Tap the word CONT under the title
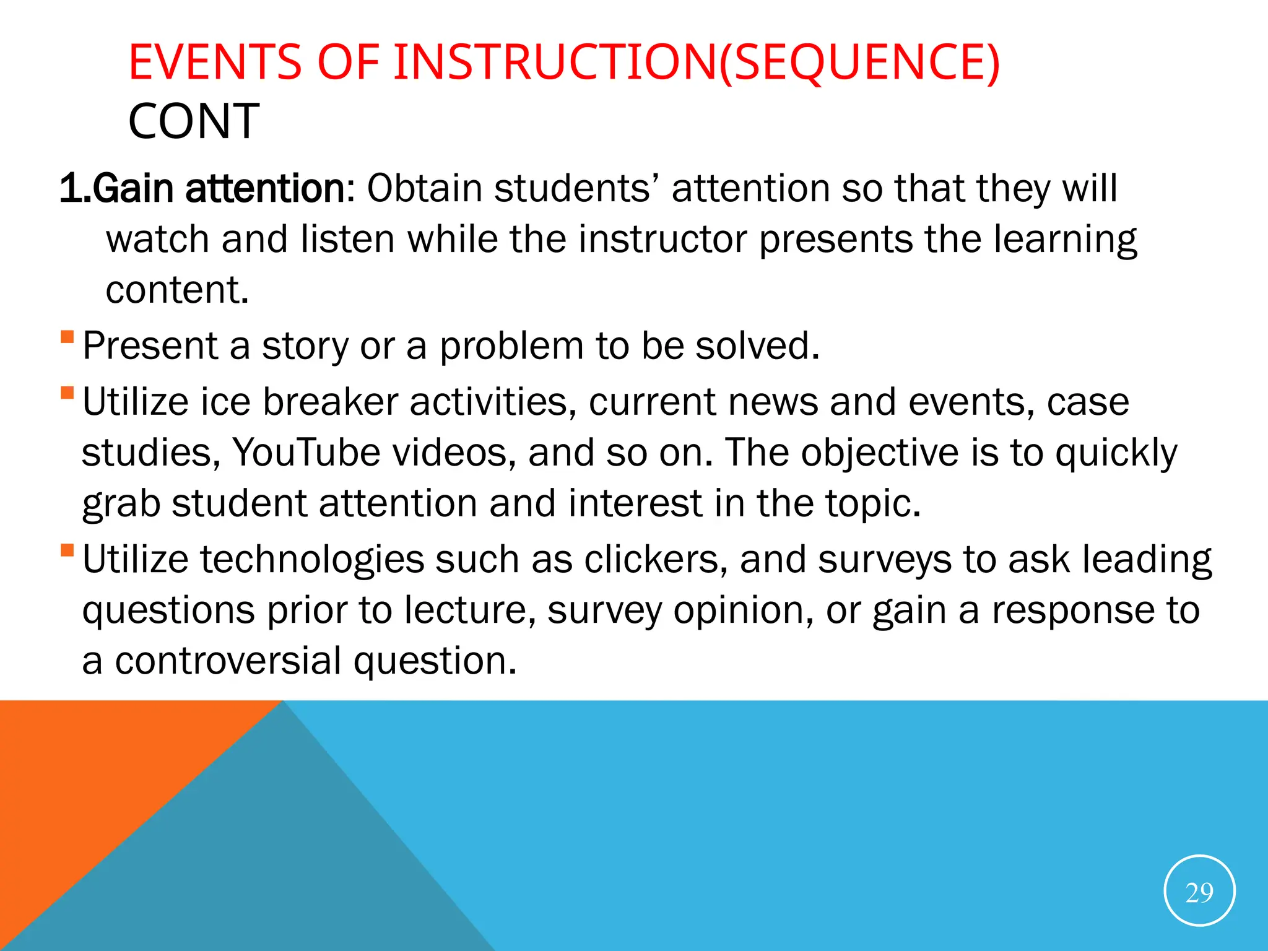194,121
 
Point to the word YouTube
306,452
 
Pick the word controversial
228,660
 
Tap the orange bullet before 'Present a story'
67,337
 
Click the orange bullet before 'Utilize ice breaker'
67,393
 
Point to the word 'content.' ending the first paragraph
177,290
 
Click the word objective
880,452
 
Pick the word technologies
312,559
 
